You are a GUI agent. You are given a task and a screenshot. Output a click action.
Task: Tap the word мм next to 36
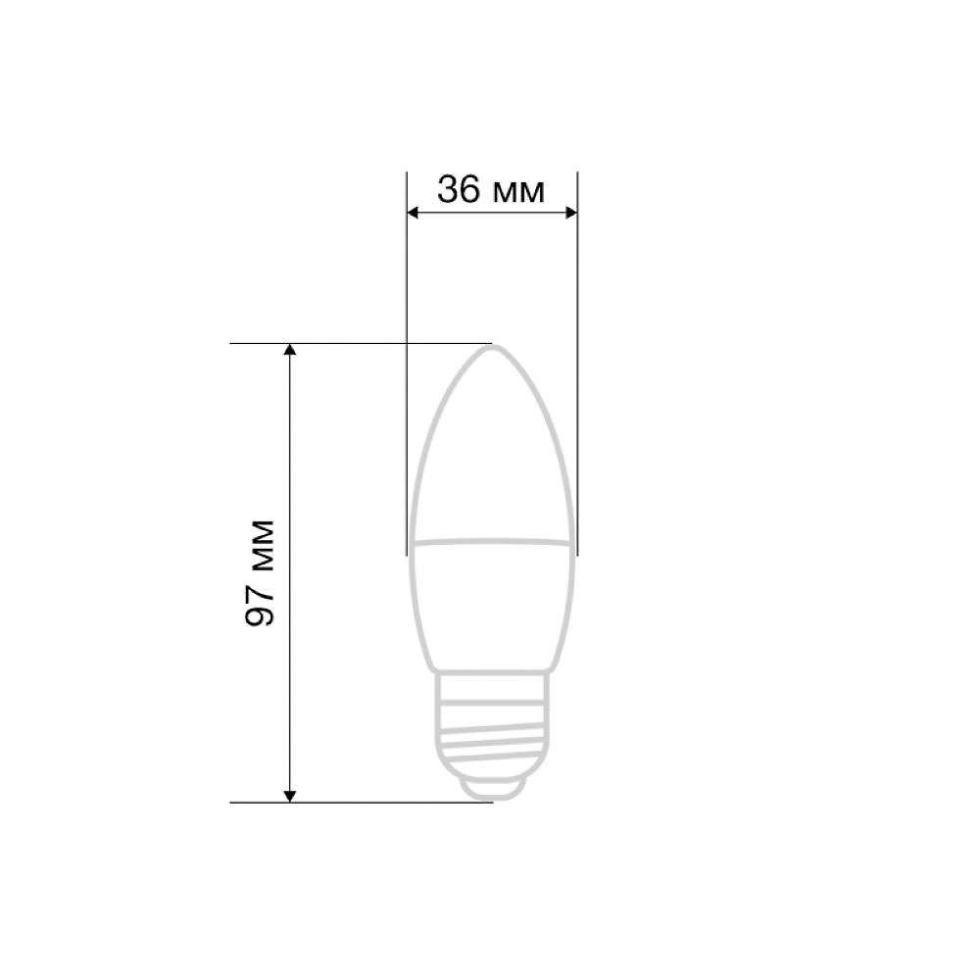518,192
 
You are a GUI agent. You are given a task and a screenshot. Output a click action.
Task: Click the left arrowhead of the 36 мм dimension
413,213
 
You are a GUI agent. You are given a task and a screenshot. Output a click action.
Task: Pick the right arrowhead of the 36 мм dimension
571,213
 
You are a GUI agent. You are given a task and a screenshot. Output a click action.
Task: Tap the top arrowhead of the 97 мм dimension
289,350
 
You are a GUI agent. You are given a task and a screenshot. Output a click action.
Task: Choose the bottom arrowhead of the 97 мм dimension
289,796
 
